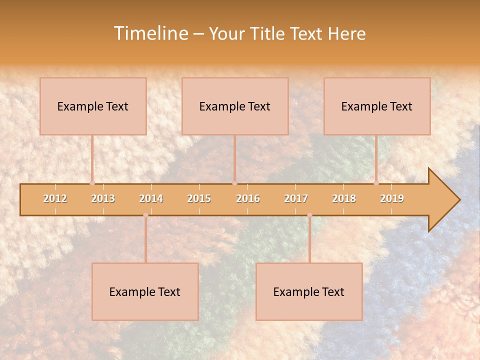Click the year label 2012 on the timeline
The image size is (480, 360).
[x=55, y=198]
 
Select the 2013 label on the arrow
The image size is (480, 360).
[x=103, y=198]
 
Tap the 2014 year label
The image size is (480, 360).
[x=151, y=198]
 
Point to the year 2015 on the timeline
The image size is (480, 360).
[x=199, y=198]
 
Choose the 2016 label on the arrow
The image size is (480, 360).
[x=248, y=198]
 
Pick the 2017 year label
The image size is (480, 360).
[x=296, y=198]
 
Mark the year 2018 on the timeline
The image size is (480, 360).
[x=344, y=198]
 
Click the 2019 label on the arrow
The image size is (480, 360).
[x=392, y=198]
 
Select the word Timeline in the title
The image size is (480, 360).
[x=149, y=33]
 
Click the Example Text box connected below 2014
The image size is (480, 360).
[x=145, y=291]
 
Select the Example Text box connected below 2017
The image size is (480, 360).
[x=309, y=291]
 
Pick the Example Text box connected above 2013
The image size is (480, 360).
[x=93, y=106]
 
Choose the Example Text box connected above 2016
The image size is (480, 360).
[x=235, y=106]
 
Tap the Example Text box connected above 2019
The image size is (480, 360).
[x=377, y=106]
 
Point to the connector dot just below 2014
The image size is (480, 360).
[x=145, y=215]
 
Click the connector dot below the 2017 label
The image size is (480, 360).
[x=309, y=215]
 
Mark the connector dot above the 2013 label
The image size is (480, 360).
[x=92, y=183]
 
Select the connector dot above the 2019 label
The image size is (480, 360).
[x=376, y=183]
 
